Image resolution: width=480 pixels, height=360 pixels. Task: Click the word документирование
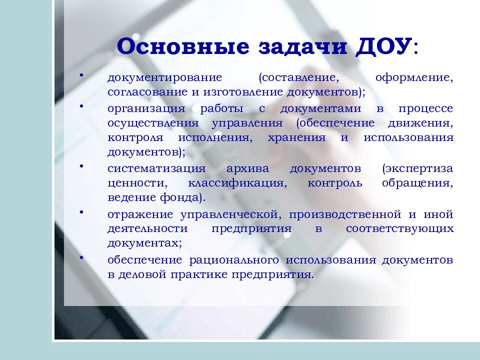(x=164, y=79)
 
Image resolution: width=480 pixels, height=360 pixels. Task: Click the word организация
(x=146, y=108)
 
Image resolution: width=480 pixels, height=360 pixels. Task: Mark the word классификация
(x=238, y=183)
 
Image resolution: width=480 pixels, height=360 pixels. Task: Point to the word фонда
(x=184, y=197)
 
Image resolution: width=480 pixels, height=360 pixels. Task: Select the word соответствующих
(x=400, y=228)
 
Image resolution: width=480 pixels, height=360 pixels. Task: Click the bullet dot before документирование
(x=81, y=76)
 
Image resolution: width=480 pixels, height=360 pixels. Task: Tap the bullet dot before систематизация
(x=81, y=165)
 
